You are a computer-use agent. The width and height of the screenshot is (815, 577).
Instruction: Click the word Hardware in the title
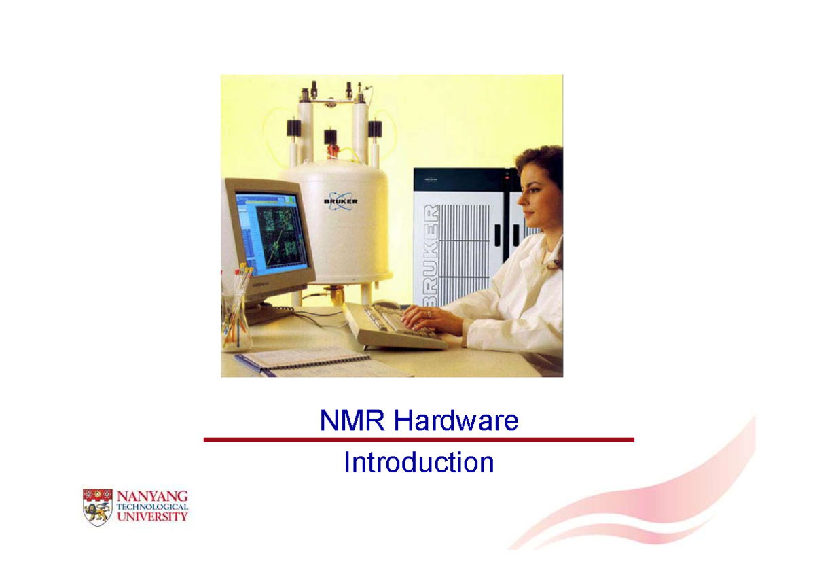pos(456,421)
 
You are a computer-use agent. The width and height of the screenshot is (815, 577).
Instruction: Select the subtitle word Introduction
pos(418,463)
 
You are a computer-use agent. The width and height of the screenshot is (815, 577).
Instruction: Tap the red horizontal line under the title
pos(418,440)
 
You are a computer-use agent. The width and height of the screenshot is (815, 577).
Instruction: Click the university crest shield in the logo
pos(96,507)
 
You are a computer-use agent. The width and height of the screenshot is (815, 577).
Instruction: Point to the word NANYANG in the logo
pos(153,495)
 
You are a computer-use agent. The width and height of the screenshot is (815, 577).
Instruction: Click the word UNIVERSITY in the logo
pos(153,517)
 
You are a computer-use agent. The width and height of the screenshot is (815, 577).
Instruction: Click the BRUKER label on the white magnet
pos(341,201)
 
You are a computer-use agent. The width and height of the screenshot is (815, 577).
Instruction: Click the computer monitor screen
pos(270,231)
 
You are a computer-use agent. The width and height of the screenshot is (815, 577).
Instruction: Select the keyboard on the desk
pos(394,327)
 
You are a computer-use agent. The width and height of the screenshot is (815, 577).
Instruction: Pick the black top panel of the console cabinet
pos(462,179)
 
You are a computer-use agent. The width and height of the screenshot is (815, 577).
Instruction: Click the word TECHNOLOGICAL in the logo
pos(153,507)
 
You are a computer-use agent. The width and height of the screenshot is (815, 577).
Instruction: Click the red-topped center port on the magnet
pos(331,137)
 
